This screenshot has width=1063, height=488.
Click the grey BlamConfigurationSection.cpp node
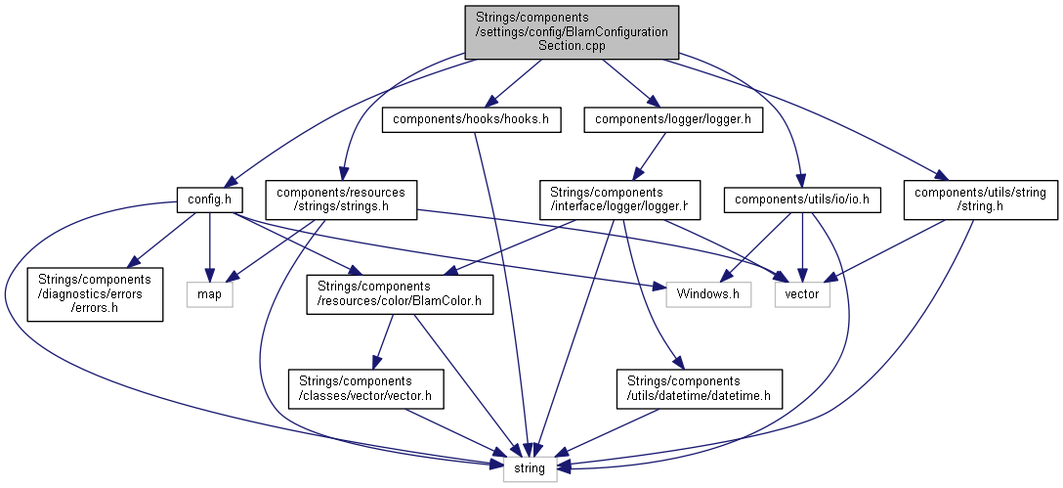572,31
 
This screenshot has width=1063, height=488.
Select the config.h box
209,200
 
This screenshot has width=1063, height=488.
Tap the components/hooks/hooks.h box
471,119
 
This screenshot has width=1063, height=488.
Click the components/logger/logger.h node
673,119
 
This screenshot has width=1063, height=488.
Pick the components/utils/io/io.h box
802,200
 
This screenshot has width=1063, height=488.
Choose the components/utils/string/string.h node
980,200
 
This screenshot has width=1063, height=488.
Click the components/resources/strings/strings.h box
341,200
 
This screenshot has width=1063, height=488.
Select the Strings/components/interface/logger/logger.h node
619,200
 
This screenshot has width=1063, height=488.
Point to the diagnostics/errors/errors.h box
94,293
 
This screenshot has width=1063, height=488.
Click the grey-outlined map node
209,293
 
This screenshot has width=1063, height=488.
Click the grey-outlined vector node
802,293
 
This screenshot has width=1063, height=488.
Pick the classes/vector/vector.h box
366,388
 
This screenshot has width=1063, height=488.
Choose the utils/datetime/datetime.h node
699,388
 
